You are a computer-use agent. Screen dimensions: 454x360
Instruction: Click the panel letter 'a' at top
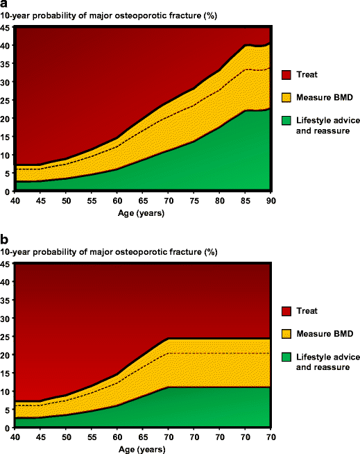(x=4, y=6)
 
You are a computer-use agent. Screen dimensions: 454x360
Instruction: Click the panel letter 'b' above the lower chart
(x=4, y=241)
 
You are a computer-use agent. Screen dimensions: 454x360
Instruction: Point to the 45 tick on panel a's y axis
(x=6, y=28)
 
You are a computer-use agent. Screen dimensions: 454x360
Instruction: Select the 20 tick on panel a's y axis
(x=6, y=119)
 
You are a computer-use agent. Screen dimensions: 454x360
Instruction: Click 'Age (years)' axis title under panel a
(x=142, y=212)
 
